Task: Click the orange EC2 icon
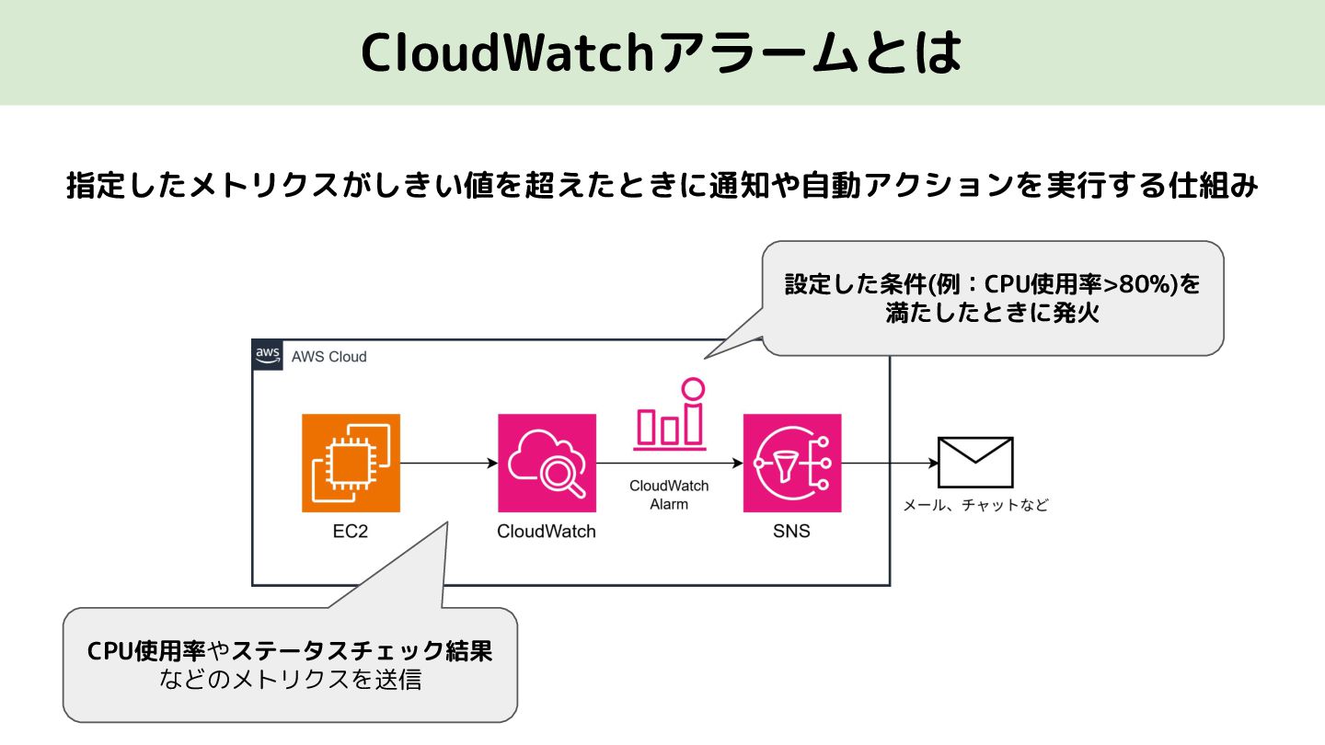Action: click(351, 463)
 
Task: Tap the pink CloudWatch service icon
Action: click(547, 463)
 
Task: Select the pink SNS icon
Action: click(792, 463)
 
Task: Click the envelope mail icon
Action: click(975, 463)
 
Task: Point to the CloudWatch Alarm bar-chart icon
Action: click(670, 414)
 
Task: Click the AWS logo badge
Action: click(268, 355)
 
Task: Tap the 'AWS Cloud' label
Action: click(328, 357)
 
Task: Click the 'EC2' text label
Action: click(351, 531)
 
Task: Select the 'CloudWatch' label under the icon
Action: click(546, 531)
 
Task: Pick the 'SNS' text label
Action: click(791, 531)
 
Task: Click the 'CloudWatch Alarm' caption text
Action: click(669, 495)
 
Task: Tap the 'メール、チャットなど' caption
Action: click(975, 504)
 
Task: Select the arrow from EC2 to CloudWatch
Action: click(449, 463)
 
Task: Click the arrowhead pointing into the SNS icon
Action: click(738, 463)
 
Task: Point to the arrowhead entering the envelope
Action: click(933, 463)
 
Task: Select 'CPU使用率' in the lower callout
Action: click(146, 651)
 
